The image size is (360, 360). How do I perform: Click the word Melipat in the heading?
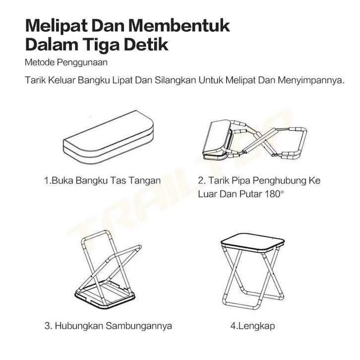click(56, 26)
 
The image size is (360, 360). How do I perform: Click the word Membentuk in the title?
click(179, 25)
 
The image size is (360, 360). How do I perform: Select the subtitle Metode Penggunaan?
click(66, 62)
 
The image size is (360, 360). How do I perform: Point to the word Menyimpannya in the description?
click(311, 80)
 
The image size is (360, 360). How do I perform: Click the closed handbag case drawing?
click(109, 137)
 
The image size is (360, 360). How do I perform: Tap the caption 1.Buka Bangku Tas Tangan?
click(103, 180)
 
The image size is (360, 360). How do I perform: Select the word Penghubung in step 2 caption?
click(279, 180)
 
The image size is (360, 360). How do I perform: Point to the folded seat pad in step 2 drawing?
click(217, 140)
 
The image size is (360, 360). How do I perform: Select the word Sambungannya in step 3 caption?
click(139, 326)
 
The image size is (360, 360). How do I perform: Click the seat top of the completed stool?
click(252, 242)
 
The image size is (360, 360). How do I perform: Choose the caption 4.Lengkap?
click(252, 326)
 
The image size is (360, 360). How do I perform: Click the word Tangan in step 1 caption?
click(144, 180)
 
